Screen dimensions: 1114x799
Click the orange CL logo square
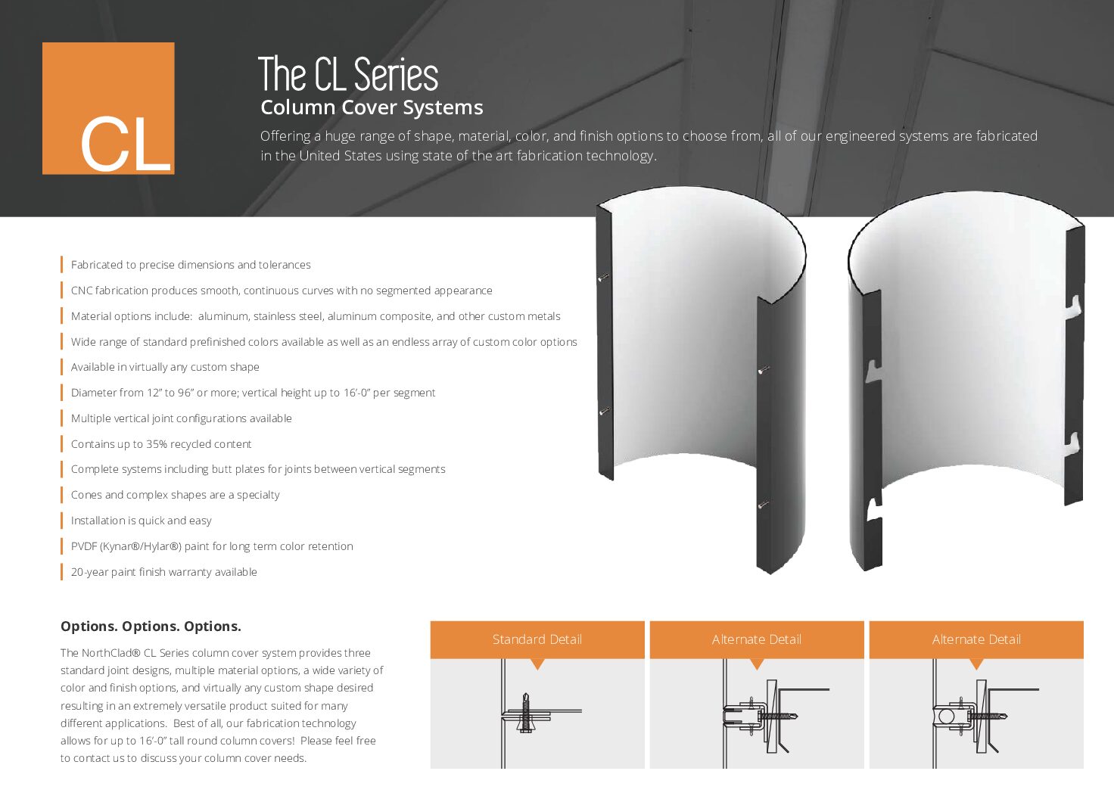(108, 108)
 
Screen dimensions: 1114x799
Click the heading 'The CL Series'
(348, 74)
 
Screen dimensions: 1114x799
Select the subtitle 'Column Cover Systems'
(372, 107)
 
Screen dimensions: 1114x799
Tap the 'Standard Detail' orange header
(537, 639)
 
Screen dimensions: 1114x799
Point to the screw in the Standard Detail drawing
(526, 713)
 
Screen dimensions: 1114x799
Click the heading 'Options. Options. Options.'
(151, 626)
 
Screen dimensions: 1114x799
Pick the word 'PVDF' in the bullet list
(84, 546)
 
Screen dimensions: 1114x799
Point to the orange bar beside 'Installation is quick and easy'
(61, 521)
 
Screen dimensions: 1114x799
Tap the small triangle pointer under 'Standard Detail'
(537, 664)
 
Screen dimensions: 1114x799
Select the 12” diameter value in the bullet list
(154, 393)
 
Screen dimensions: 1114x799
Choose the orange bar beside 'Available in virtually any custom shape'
(61, 367)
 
